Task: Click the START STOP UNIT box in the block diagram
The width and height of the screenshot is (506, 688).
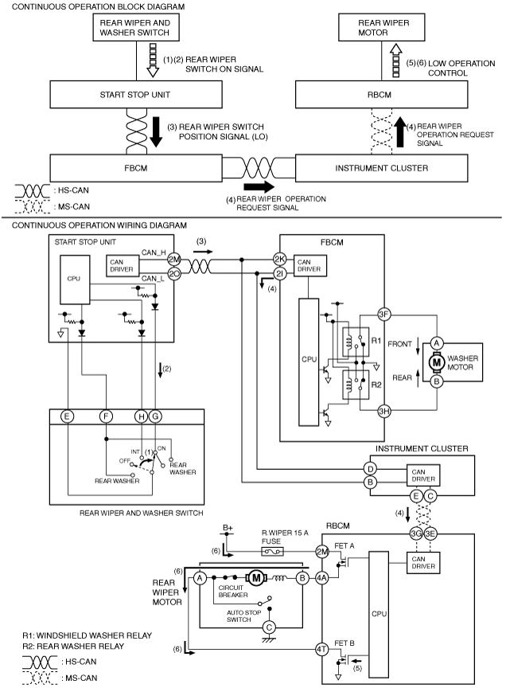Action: coord(136,94)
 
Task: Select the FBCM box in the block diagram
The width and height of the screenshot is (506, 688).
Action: coord(136,167)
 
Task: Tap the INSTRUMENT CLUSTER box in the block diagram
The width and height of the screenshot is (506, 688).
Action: coord(381,167)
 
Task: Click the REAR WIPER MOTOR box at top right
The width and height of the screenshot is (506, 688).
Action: coord(381,27)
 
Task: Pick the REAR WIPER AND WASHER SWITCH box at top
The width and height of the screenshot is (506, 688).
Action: coord(136,27)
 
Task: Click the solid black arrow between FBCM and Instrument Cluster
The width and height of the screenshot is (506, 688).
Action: coord(259,186)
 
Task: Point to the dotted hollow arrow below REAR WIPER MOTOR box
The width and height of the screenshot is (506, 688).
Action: coord(396,61)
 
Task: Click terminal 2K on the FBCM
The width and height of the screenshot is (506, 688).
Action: coord(280,259)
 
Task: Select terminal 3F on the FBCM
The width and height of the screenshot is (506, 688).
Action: coord(384,315)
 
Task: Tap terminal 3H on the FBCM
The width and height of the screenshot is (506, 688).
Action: coord(384,411)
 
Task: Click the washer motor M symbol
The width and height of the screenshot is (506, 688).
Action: coord(436,362)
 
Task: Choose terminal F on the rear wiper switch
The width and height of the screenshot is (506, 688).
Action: coord(106,416)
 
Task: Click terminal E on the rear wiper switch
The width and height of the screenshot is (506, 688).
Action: coord(67,416)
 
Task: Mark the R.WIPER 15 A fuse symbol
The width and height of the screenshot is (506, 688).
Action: coord(272,552)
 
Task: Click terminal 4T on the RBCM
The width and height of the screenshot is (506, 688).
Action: coord(322,649)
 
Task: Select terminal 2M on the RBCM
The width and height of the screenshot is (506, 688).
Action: coord(322,552)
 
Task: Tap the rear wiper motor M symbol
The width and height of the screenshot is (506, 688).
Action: coord(256,578)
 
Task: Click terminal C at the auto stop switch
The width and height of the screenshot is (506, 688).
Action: coord(269,627)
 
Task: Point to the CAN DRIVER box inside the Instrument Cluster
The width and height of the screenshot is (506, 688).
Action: coord(423,475)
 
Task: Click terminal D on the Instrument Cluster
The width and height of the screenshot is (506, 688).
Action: coord(371,469)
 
